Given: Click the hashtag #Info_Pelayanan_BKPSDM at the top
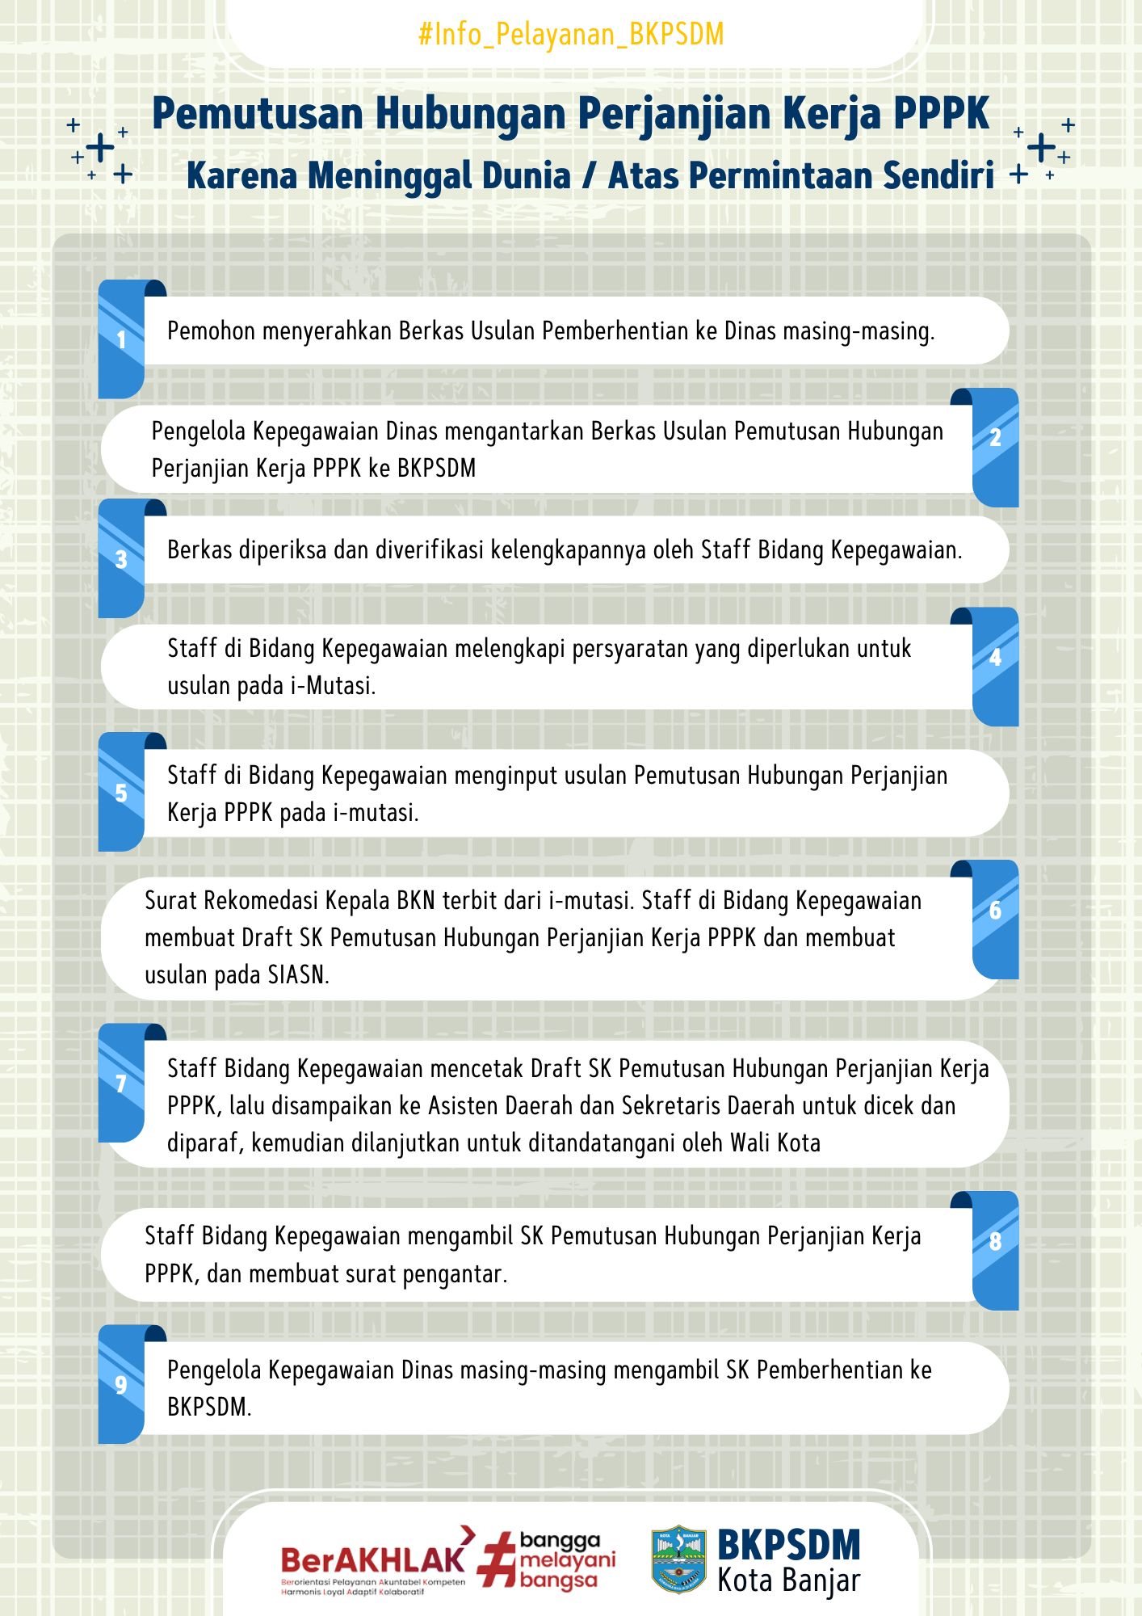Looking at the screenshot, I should click(x=571, y=35).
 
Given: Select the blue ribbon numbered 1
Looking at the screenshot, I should click(x=122, y=339).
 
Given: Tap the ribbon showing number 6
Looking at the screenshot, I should click(x=995, y=919).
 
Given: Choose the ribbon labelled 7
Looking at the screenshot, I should click(x=122, y=1083).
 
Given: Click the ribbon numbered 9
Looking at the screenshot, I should click(x=122, y=1384).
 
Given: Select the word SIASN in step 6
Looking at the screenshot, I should click(x=297, y=975).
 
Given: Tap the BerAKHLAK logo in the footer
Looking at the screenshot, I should click(x=373, y=1561).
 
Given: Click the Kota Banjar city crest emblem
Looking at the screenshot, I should click(x=678, y=1559).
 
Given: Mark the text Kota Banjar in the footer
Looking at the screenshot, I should click(x=788, y=1580).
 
